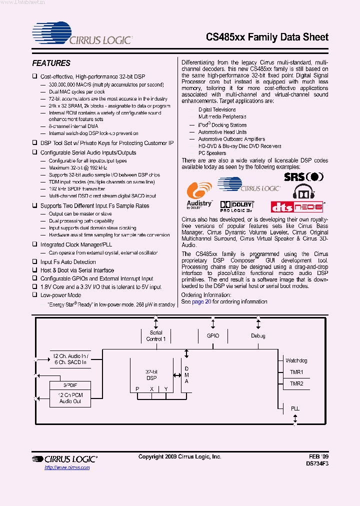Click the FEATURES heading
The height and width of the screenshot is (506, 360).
(x=51, y=63)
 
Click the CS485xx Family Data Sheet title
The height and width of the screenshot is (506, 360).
(x=267, y=37)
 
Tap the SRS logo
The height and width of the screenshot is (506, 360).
(x=303, y=176)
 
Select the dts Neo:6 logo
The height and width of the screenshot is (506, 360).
(x=297, y=206)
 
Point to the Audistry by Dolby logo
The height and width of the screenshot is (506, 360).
(x=199, y=195)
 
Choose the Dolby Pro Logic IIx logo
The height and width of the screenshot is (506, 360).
(x=237, y=205)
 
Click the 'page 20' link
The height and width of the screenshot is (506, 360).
(x=202, y=302)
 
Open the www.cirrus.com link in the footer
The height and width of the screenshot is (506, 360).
(x=67, y=467)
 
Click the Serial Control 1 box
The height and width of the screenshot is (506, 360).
(x=156, y=336)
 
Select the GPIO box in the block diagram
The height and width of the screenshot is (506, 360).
(x=213, y=336)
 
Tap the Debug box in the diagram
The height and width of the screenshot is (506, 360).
(x=258, y=336)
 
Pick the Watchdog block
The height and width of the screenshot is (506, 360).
(x=296, y=360)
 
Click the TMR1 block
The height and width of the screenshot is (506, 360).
(x=296, y=372)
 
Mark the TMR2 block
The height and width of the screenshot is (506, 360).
(x=296, y=383)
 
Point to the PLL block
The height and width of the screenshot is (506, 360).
(x=295, y=408)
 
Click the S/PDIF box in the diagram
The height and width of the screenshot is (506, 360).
(x=70, y=386)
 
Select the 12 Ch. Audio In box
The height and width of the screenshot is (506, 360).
(x=70, y=358)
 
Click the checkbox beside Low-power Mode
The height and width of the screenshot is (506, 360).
(x=35, y=295)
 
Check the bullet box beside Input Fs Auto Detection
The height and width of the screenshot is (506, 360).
(x=35, y=262)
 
